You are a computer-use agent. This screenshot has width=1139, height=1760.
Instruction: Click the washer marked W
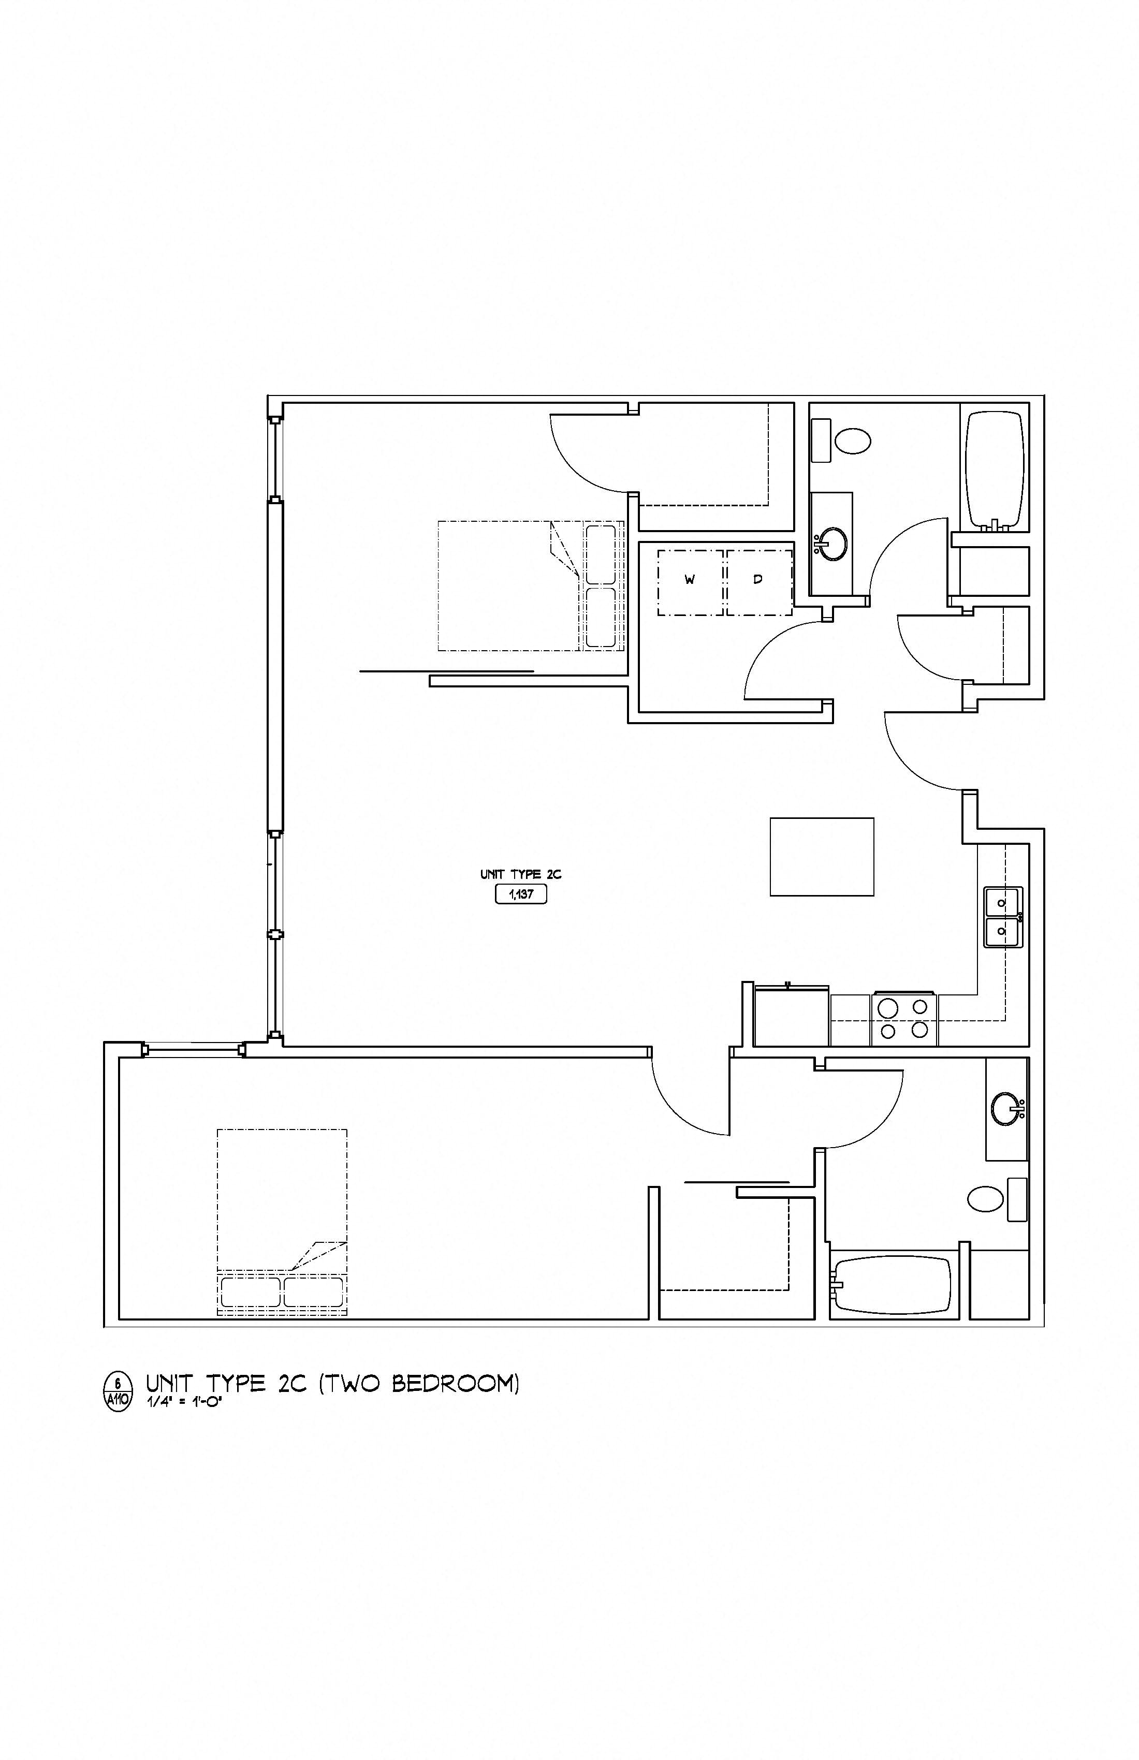pos(690,583)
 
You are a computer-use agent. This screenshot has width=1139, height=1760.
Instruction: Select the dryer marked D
pos(759,583)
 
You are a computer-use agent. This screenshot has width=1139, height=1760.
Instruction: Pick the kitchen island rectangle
pos(822,856)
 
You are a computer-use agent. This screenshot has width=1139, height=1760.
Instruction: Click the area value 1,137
pos(521,895)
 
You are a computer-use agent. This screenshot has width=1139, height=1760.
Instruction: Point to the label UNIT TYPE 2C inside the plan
pos(521,874)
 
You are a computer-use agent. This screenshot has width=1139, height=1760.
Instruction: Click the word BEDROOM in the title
pos(455,1384)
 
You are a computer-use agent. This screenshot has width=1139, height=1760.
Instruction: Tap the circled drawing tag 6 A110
pos(119,1390)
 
